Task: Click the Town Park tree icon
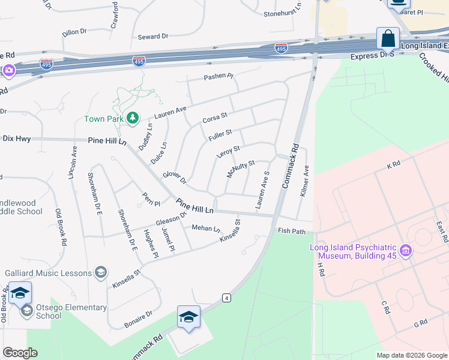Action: (133, 118)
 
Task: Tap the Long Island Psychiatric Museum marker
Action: (406, 250)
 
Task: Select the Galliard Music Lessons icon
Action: (100, 272)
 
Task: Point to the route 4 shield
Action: (226, 298)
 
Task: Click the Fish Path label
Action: (292, 231)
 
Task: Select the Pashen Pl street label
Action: (218, 77)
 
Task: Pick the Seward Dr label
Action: (153, 37)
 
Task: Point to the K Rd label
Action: (393, 164)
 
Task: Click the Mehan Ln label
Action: (206, 228)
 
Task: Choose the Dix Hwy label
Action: (16, 139)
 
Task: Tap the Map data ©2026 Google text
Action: (411, 355)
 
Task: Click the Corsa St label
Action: (215, 118)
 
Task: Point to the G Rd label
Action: (420, 323)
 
